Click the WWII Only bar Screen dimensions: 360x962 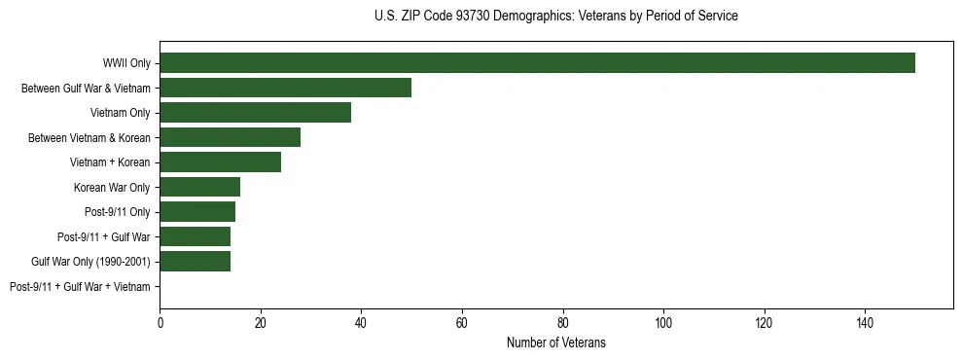[x=537, y=63]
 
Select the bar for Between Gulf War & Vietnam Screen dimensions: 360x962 [x=285, y=88]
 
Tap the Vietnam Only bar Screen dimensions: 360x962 [x=255, y=113]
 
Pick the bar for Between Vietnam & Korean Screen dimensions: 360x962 [x=230, y=137]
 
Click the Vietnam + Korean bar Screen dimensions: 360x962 [x=220, y=162]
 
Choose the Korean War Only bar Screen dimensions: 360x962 [x=199, y=187]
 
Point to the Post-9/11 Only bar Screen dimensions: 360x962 [x=197, y=212]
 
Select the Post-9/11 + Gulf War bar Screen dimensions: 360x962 [x=195, y=236]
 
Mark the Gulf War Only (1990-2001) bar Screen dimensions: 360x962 [x=195, y=262]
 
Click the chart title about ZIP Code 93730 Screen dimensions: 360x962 [x=555, y=17]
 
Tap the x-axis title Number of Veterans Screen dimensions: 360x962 [x=555, y=342]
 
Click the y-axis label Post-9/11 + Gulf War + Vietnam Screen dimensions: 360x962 [x=80, y=287]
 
